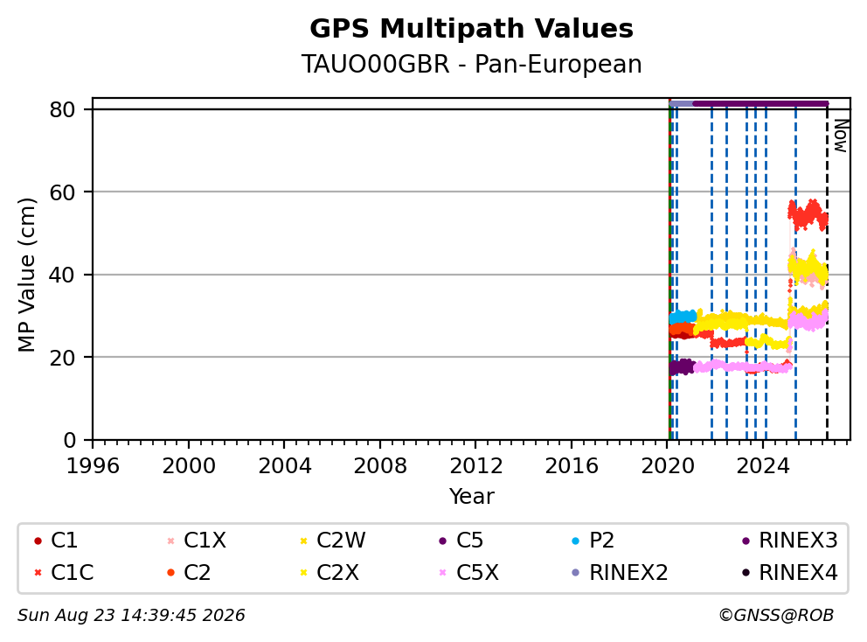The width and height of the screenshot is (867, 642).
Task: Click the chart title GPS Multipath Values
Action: (471, 29)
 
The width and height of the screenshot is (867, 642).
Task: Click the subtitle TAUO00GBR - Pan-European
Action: (471, 64)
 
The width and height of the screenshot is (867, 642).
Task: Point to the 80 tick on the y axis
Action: (62, 109)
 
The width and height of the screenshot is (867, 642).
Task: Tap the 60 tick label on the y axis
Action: (62, 192)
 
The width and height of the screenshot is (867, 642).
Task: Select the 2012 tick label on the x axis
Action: (476, 466)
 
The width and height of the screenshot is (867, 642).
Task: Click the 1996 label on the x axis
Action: (93, 466)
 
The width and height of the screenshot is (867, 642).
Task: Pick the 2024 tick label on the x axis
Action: (763, 466)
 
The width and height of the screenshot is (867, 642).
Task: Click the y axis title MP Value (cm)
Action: (26, 275)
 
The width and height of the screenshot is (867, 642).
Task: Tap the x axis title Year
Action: (471, 497)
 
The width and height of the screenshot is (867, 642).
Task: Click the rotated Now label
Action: (841, 136)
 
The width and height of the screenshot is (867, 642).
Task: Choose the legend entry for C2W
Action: (332, 541)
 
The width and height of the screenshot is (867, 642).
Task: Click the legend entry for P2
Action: (593, 541)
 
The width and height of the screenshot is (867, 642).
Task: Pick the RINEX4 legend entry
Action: (789, 573)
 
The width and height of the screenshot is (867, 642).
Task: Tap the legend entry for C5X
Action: (468, 573)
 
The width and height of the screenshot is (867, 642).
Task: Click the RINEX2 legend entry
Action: (620, 573)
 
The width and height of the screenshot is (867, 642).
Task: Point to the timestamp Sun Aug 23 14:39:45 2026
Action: (131, 616)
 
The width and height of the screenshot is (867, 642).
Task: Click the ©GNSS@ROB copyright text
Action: (776, 616)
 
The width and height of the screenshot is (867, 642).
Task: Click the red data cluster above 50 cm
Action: (808, 215)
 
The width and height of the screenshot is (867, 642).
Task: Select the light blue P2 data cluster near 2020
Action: (683, 318)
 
